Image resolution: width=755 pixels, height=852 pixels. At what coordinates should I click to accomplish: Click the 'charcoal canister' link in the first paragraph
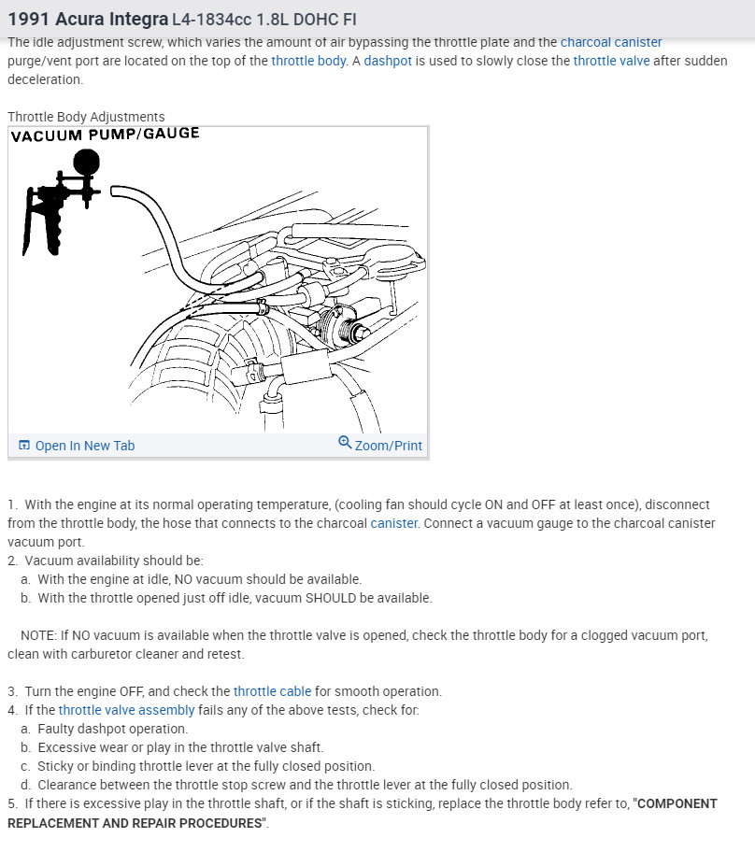(611, 43)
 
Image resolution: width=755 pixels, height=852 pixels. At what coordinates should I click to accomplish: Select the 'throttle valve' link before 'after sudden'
(611, 62)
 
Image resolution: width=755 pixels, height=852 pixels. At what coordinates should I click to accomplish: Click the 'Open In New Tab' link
(84, 446)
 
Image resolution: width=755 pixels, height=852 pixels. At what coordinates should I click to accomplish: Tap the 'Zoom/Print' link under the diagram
(388, 446)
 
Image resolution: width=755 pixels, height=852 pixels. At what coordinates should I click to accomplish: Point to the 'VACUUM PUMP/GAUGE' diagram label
(105, 134)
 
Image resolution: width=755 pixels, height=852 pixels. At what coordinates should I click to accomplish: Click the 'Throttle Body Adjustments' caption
(86, 117)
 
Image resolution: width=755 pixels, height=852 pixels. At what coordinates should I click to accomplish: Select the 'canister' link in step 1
(393, 523)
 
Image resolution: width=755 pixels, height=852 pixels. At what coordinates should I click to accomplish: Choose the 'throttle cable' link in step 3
(272, 691)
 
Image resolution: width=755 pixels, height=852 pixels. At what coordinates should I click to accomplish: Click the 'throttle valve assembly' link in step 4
(126, 710)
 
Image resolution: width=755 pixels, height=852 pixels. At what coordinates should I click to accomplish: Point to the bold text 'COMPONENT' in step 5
(677, 803)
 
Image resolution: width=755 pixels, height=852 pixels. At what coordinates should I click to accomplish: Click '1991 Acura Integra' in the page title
(88, 19)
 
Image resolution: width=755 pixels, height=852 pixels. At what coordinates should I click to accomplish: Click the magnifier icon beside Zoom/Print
(345, 443)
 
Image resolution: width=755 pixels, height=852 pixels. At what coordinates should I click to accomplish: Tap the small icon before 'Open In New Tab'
(24, 446)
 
